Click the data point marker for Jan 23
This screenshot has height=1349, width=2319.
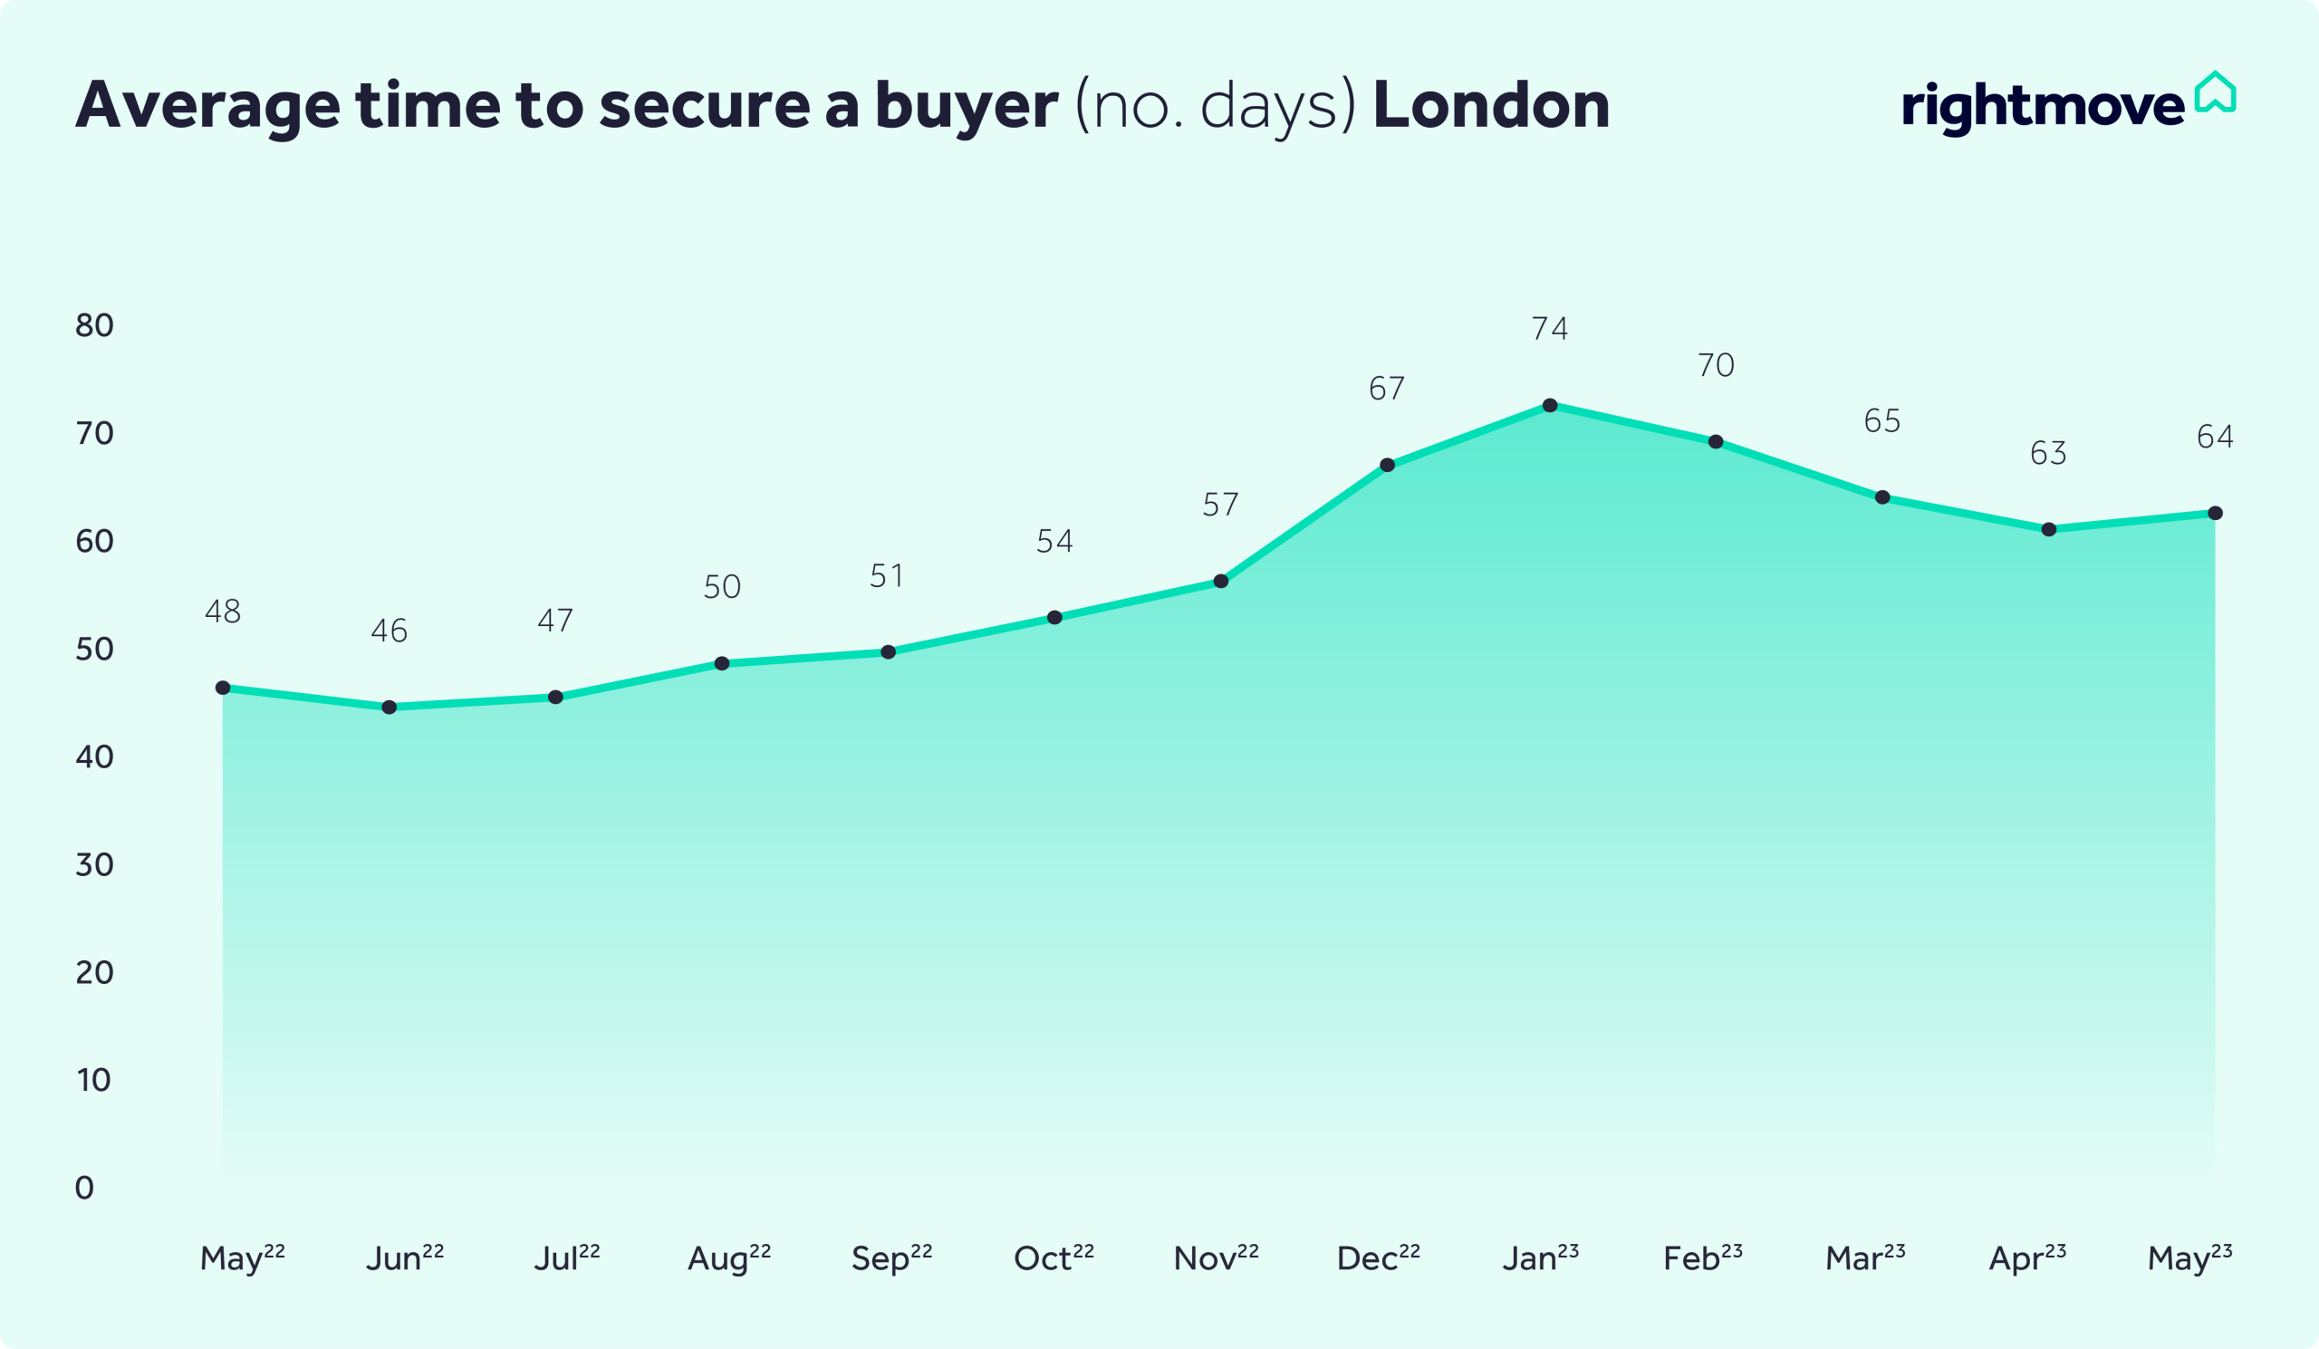pyautogui.click(x=1550, y=406)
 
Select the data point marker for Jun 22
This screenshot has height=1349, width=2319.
pyautogui.click(x=390, y=708)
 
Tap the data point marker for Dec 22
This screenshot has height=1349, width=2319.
pyautogui.click(x=1388, y=466)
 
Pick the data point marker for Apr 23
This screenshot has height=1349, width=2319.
pyautogui.click(x=2048, y=530)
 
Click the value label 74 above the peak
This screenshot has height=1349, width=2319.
pyautogui.click(x=1550, y=329)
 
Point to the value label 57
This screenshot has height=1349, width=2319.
pyautogui.click(x=1220, y=505)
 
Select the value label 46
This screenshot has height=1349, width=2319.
pyautogui.click(x=390, y=631)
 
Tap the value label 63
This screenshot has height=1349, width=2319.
pyautogui.click(x=2048, y=453)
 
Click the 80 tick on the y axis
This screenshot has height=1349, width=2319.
pyautogui.click(x=94, y=325)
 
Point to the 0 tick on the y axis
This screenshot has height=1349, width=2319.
pyautogui.click(x=83, y=1188)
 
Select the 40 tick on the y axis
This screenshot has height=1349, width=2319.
pyautogui.click(x=94, y=756)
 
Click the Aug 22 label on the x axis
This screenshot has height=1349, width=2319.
pyautogui.click(x=729, y=1257)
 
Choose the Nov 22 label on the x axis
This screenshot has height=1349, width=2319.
pyautogui.click(x=1216, y=1257)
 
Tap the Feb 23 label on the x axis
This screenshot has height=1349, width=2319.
pyautogui.click(x=1702, y=1257)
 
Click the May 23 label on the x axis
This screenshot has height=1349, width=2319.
pyautogui.click(x=2189, y=1257)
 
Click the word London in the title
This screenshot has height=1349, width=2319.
pyautogui.click(x=1491, y=105)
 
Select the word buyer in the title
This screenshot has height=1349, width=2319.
pyautogui.click(x=967, y=107)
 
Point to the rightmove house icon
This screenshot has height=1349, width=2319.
pyautogui.click(x=2215, y=92)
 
